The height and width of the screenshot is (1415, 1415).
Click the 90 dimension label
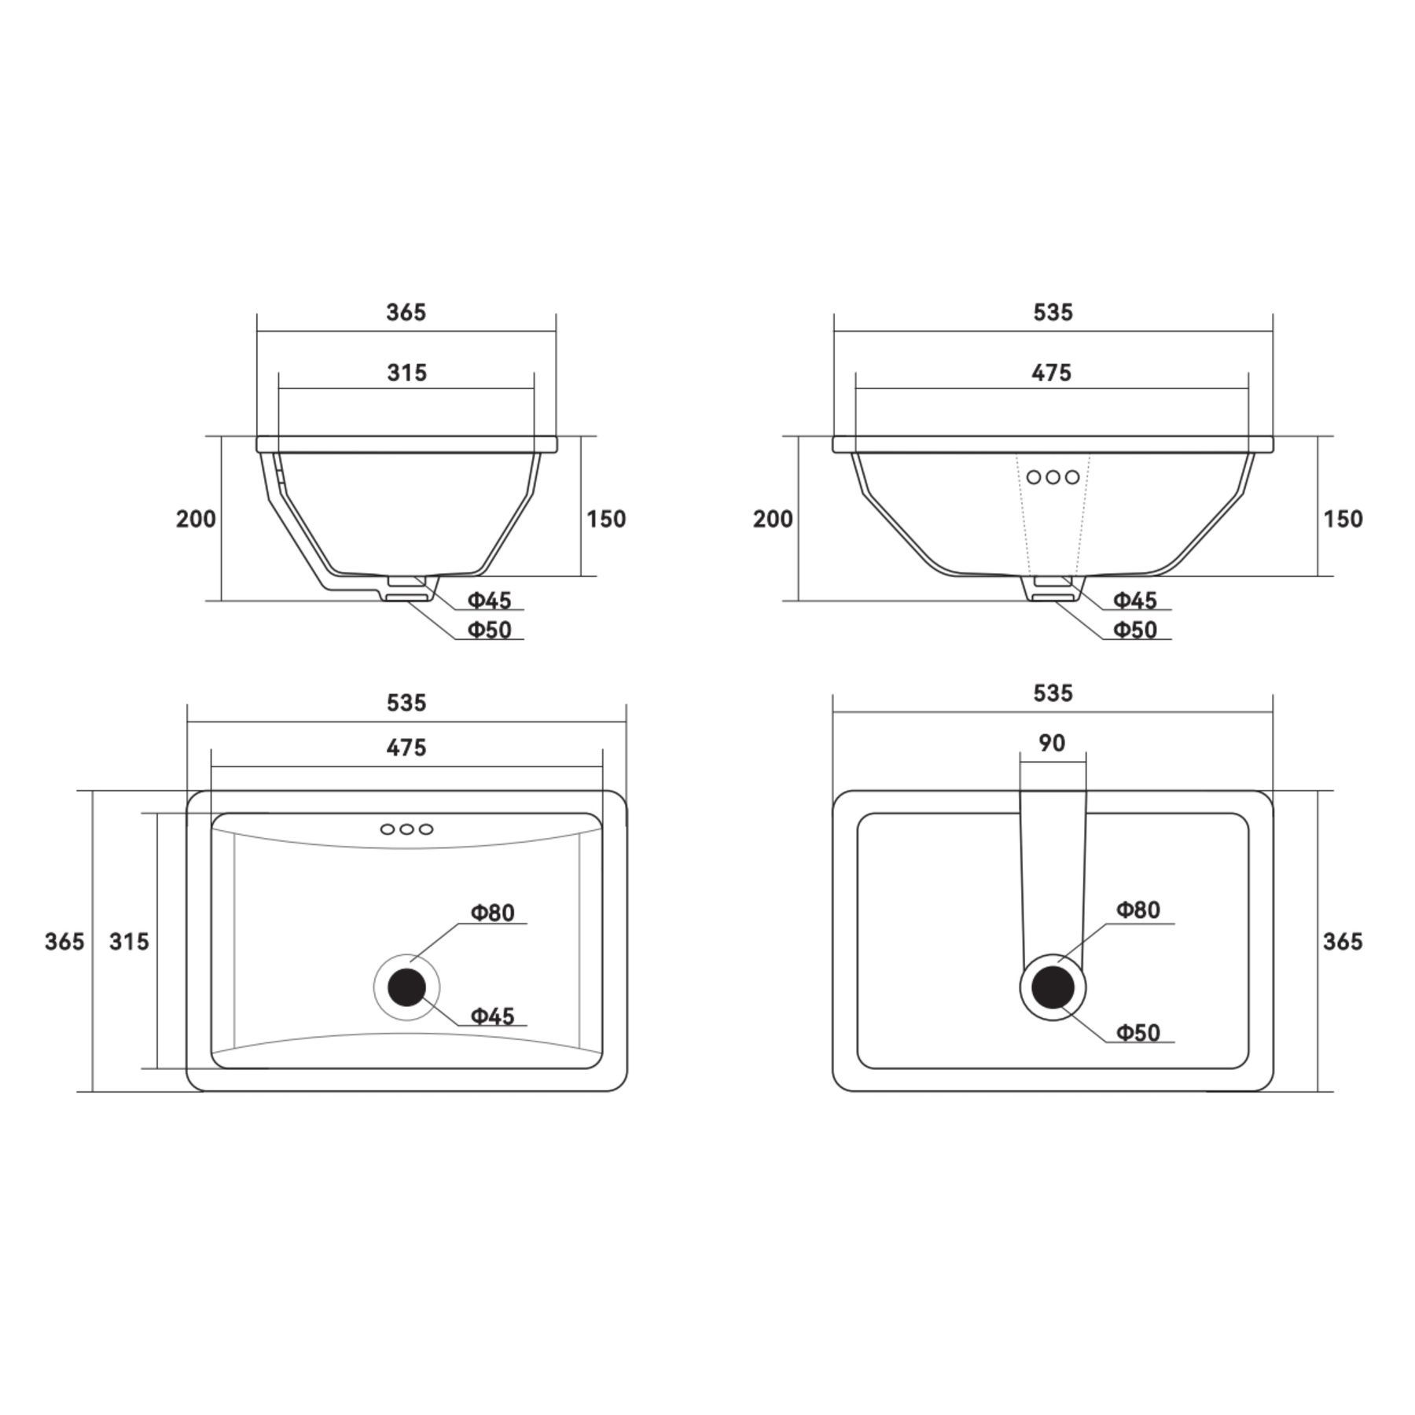tap(1052, 742)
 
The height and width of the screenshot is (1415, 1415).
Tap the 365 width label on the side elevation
tap(406, 312)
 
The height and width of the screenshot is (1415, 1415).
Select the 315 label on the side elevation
tap(406, 372)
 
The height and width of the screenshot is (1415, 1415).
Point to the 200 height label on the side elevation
tap(196, 519)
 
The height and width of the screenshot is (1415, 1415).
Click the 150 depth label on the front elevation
tap(1343, 519)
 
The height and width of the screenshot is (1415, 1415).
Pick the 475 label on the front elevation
tap(1052, 372)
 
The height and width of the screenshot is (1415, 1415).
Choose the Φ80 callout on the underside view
tap(1138, 910)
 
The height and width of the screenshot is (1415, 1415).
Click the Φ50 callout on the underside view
tap(1138, 1032)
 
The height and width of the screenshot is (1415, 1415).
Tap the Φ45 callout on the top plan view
tap(492, 1016)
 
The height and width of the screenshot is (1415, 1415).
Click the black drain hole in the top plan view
tap(406, 987)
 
